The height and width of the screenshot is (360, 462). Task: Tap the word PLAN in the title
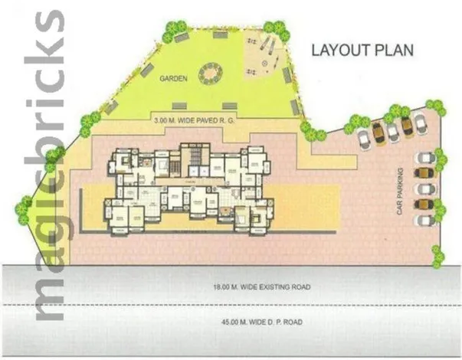click(396, 51)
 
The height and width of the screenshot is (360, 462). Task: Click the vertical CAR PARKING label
click(399, 191)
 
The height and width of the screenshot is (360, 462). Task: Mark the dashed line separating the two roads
click(230, 306)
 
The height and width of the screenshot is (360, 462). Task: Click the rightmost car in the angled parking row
click(420, 122)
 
